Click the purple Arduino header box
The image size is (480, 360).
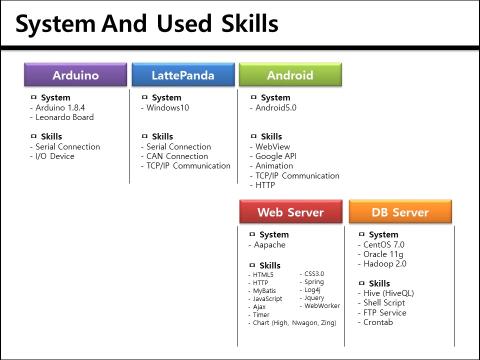click(x=75, y=75)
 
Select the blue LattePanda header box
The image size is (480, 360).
click(x=183, y=75)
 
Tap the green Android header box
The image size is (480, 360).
click(x=290, y=75)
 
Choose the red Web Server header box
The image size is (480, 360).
click(x=290, y=212)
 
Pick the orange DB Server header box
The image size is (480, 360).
click(x=400, y=212)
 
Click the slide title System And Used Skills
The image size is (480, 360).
click(x=147, y=23)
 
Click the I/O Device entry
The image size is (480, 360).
click(x=54, y=156)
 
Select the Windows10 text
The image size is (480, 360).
click(x=167, y=108)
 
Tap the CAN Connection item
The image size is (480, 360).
click(x=177, y=156)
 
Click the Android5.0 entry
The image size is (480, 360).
click(x=275, y=108)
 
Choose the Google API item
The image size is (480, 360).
click(x=275, y=156)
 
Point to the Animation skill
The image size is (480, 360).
click(x=274, y=166)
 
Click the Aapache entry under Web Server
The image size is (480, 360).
click(x=269, y=245)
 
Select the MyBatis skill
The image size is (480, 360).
click(x=264, y=291)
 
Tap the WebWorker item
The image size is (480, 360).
click(x=321, y=306)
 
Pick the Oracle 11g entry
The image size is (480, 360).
click(x=383, y=254)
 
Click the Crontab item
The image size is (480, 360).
click(x=378, y=322)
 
